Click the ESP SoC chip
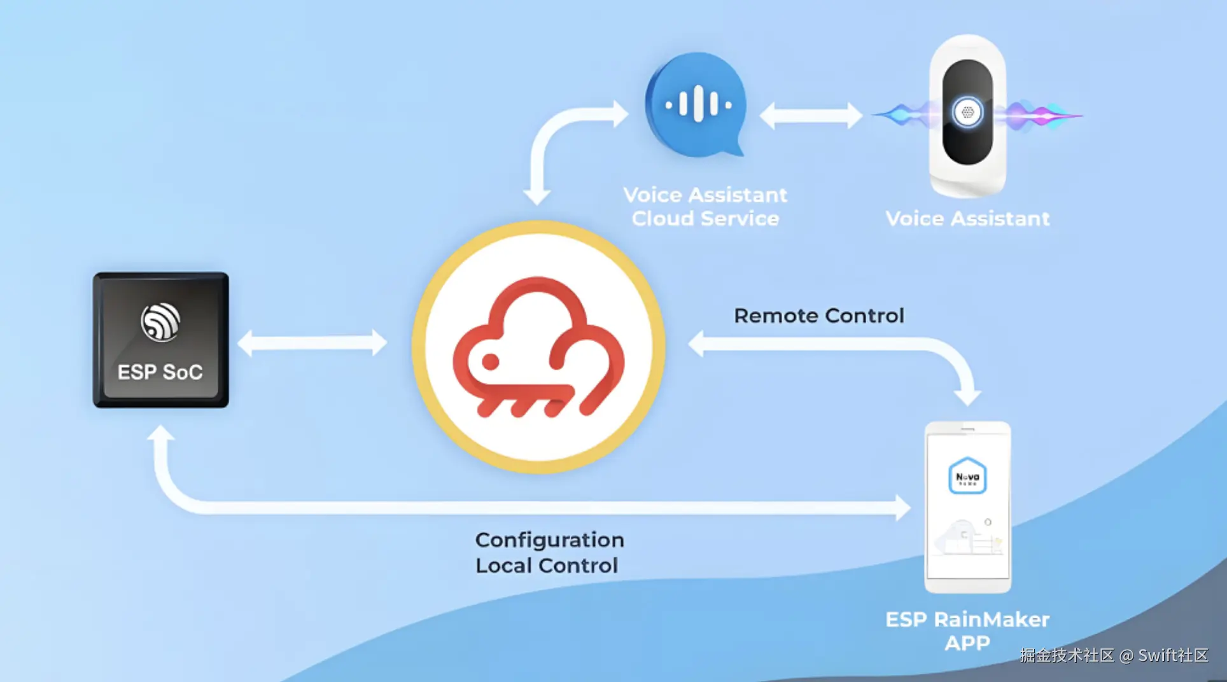tap(160, 340)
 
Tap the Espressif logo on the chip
tap(160, 322)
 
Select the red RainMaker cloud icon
tap(538, 347)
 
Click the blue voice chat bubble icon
tap(697, 105)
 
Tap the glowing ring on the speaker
tap(967, 113)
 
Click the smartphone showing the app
tap(967, 506)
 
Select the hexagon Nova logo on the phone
tap(967, 476)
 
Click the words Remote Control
tap(818, 316)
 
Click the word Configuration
tap(549, 540)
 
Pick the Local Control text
tap(547, 566)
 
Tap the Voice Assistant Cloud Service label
tap(705, 207)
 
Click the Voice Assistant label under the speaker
tap(967, 219)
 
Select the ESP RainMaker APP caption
tap(967, 631)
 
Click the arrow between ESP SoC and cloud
tap(312, 343)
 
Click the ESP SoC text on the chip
tap(160, 372)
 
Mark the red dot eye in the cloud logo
tap(490, 362)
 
